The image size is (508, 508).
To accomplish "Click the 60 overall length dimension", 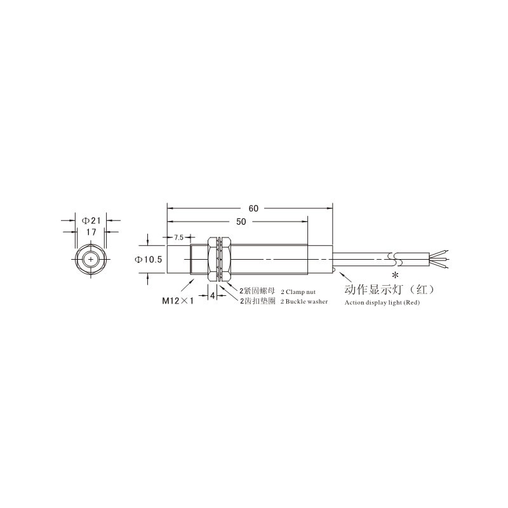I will click(x=253, y=208).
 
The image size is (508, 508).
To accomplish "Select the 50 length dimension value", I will click(x=241, y=222).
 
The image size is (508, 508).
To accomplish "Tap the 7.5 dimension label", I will click(x=178, y=237).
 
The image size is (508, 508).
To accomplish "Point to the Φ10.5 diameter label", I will click(x=150, y=259).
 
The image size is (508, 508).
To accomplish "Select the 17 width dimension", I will click(x=91, y=232).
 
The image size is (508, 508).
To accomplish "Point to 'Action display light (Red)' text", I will click(x=382, y=303).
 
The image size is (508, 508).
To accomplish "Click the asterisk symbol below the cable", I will click(x=396, y=275).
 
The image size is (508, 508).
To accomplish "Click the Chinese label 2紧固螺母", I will click(x=257, y=291).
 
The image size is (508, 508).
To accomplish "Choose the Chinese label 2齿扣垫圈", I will click(x=257, y=301).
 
